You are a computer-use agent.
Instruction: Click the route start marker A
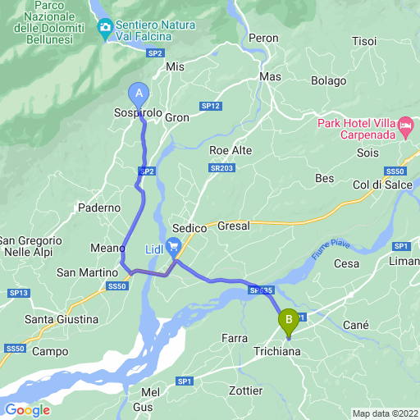[x=138, y=93]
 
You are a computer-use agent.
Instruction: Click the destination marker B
[x=288, y=320]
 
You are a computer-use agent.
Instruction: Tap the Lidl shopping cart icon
[x=173, y=245]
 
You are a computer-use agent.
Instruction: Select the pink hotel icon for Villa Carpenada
[x=405, y=127]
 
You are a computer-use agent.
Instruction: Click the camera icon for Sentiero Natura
[x=105, y=30]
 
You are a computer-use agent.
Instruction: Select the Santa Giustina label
[x=62, y=318]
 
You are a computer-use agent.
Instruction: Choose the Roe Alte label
[x=231, y=150]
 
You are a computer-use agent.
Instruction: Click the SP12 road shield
[x=211, y=106]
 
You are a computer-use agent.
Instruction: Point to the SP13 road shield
[x=20, y=293]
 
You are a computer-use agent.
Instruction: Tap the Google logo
[x=28, y=409]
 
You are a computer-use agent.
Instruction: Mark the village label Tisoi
[x=363, y=41]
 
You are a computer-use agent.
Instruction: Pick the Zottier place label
[x=246, y=390]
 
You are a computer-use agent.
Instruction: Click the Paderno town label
[x=99, y=208]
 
